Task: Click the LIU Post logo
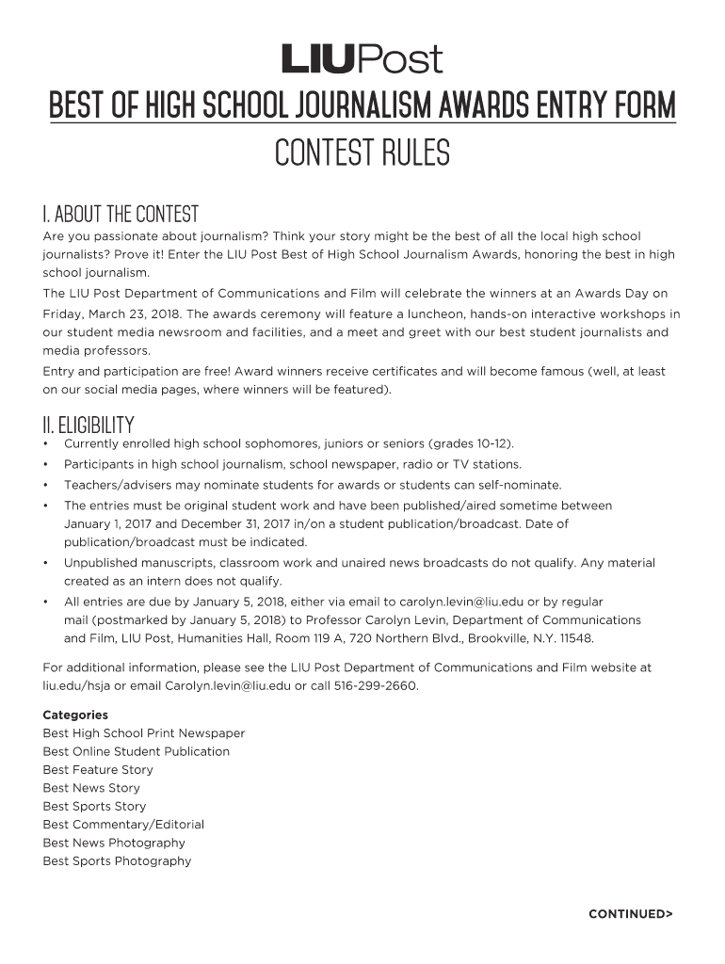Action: [x=362, y=59]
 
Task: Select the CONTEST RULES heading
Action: [x=362, y=152]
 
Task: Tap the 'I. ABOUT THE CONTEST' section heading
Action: [x=121, y=214]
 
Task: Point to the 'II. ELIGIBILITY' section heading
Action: [x=89, y=425]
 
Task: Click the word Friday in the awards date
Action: [x=63, y=313]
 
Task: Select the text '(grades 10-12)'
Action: [x=471, y=443]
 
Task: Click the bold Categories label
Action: [x=75, y=715]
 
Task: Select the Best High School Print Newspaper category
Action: [x=143, y=733]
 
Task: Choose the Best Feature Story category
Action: [x=98, y=769]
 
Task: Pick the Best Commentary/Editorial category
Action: [x=123, y=824]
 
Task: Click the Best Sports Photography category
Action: [x=117, y=860]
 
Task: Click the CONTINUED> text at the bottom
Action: [x=631, y=913]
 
